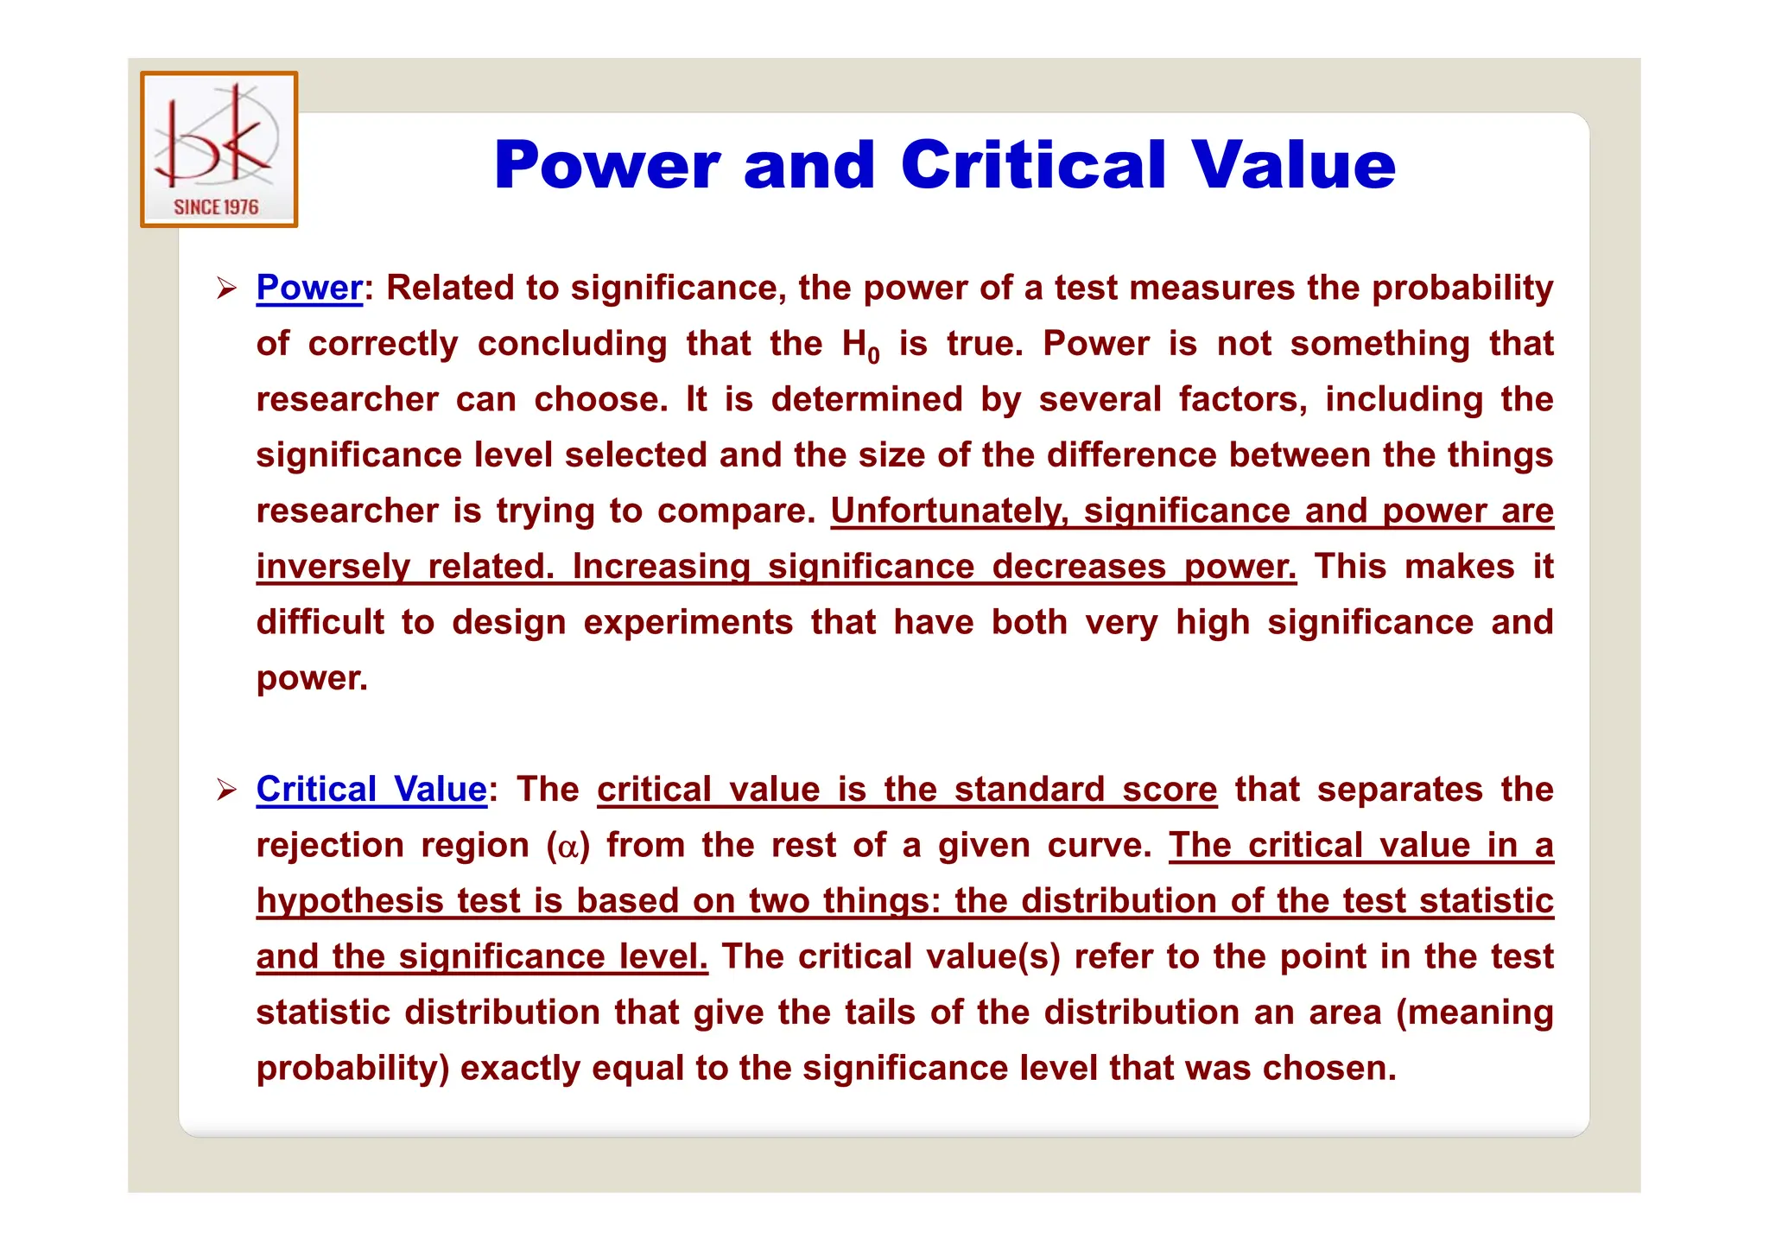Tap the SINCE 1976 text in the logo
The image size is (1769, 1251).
pos(216,207)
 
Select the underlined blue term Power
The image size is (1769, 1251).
pos(309,288)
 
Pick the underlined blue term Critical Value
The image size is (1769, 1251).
pos(371,790)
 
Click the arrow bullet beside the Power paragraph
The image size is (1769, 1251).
pos(226,289)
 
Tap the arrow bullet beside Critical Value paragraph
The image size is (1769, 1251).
pos(226,790)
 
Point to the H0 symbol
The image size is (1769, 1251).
pos(860,346)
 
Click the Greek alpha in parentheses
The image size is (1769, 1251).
pos(567,847)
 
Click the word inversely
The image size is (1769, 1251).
pos(333,567)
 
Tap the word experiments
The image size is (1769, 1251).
pos(688,623)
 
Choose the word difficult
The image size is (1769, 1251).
pos(320,623)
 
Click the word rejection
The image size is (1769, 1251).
pos(329,846)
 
